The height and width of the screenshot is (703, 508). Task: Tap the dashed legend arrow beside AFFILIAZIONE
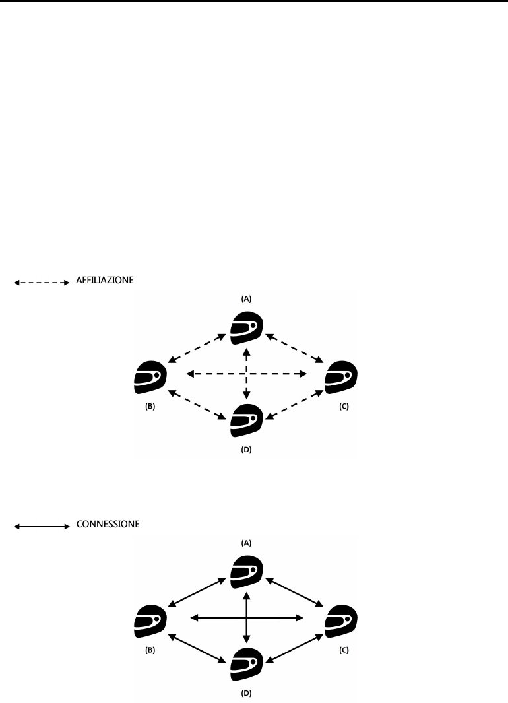[x=42, y=283]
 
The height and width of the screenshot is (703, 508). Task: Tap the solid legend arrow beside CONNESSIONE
[x=42, y=527]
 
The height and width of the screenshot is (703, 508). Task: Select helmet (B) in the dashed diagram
[x=150, y=378]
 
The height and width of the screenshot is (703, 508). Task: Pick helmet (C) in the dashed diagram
[x=343, y=378]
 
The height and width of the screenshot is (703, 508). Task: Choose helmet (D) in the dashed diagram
[x=247, y=421]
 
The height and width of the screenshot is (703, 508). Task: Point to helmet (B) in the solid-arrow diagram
[x=150, y=621]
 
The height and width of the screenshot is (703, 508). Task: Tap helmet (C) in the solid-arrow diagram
[x=343, y=621]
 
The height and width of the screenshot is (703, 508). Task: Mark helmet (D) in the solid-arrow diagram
[x=247, y=665]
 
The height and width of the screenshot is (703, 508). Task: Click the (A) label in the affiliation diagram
[x=247, y=298]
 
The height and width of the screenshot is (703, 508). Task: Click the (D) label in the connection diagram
[x=247, y=694]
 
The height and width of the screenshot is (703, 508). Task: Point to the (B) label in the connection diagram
[x=150, y=650]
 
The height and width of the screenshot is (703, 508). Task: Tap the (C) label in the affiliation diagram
[x=344, y=407]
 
